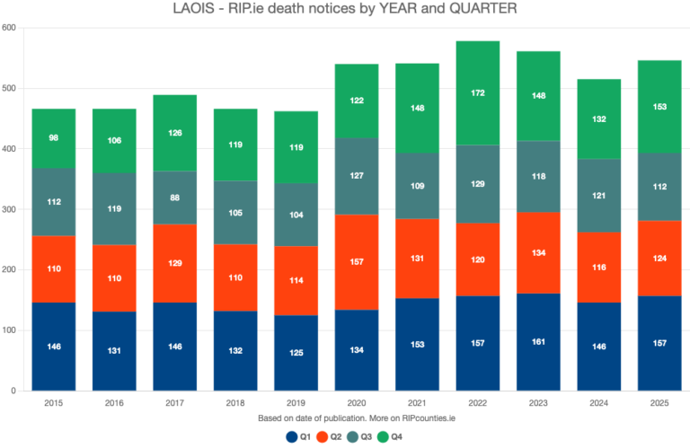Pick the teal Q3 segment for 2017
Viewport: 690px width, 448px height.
[175, 198]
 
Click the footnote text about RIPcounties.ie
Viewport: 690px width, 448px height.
[345, 419]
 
